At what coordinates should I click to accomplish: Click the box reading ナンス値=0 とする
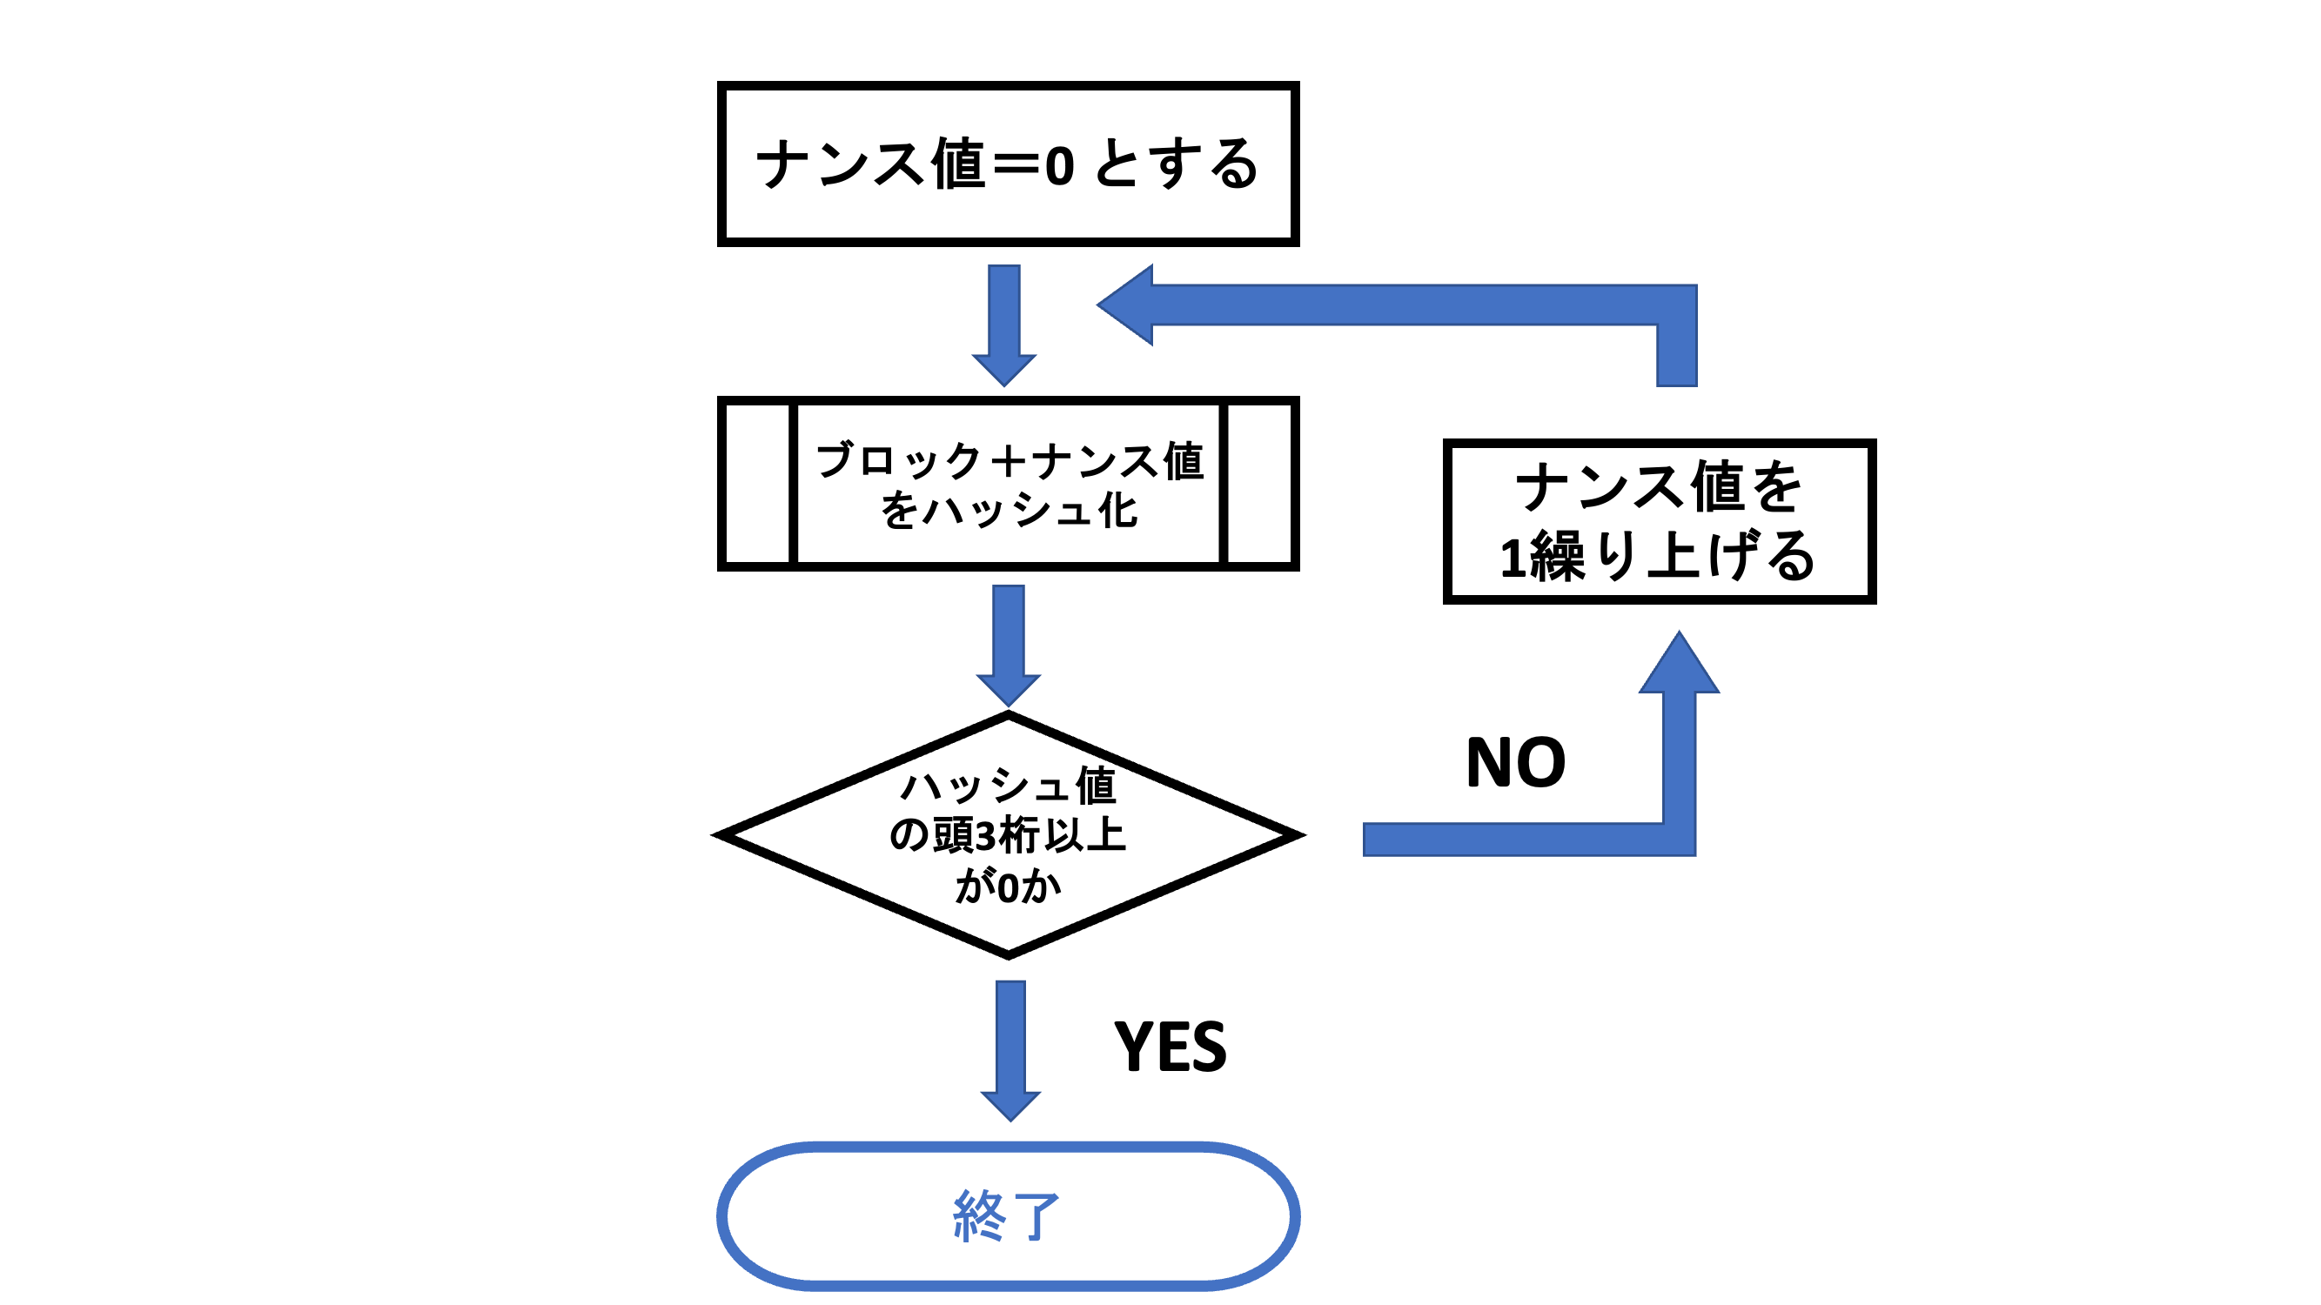[1007, 163]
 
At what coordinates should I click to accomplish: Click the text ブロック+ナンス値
[1010, 460]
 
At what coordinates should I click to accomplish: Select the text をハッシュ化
[1010, 510]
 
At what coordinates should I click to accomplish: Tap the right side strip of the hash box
[1258, 484]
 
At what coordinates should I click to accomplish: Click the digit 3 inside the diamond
[987, 835]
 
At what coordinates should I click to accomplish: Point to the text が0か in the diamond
[1009, 887]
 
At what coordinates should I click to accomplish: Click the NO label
[1515, 763]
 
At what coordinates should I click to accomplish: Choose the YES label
[1170, 1047]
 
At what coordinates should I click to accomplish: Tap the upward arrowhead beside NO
[1679, 666]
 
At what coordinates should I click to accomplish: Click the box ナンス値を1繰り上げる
[1659, 521]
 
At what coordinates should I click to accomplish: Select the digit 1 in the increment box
[1513, 558]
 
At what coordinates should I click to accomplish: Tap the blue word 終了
[1006, 1216]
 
